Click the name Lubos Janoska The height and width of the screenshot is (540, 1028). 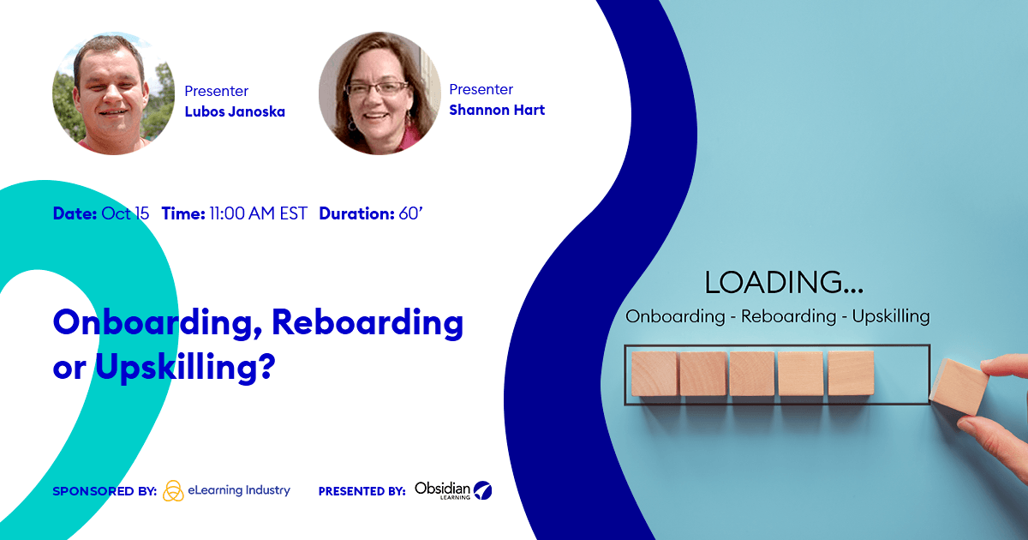pyautogui.click(x=235, y=111)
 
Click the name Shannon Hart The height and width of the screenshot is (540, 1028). pyautogui.click(x=497, y=110)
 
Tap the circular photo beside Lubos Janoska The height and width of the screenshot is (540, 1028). pyautogui.click(x=113, y=93)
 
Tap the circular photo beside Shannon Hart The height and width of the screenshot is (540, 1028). pyautogui.click(x=380, y=93)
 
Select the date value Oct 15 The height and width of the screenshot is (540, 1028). pyautogui.click(x=125, y=213)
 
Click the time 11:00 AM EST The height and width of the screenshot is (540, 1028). pyautogui.click(x=258, y=213)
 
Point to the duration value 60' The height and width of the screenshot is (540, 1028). pyautogui.click(x=411, y=213)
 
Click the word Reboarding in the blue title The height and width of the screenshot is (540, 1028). pyautogui.click(x=368, y=323)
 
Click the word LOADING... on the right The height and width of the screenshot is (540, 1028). pyautogui.click(x=784, y=282)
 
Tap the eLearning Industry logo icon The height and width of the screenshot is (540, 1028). pyautogui.click(x=173, y=491)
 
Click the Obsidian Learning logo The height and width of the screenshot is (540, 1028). pyautogui.click(x=453, y=490)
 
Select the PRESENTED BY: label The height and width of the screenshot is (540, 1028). pyautogui.click(x=362, y=492)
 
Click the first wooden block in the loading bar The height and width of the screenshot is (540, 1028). pyautogui.click(x=654, y=374)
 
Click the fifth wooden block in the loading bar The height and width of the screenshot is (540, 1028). pyautogui.click(x=851, y=374)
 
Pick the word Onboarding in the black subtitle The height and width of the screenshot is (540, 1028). pyautogui.click(x=675, y=316)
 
